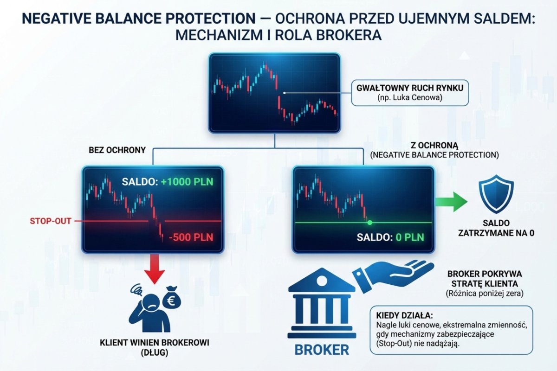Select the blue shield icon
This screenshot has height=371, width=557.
pos(496,193)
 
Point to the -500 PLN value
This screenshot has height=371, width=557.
pos(190,237)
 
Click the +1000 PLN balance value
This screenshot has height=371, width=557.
pos(187,182)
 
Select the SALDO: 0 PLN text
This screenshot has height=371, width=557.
pos(390,238)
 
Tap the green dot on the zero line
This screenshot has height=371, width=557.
pos(369,223)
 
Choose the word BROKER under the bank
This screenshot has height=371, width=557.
pos(322,349)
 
